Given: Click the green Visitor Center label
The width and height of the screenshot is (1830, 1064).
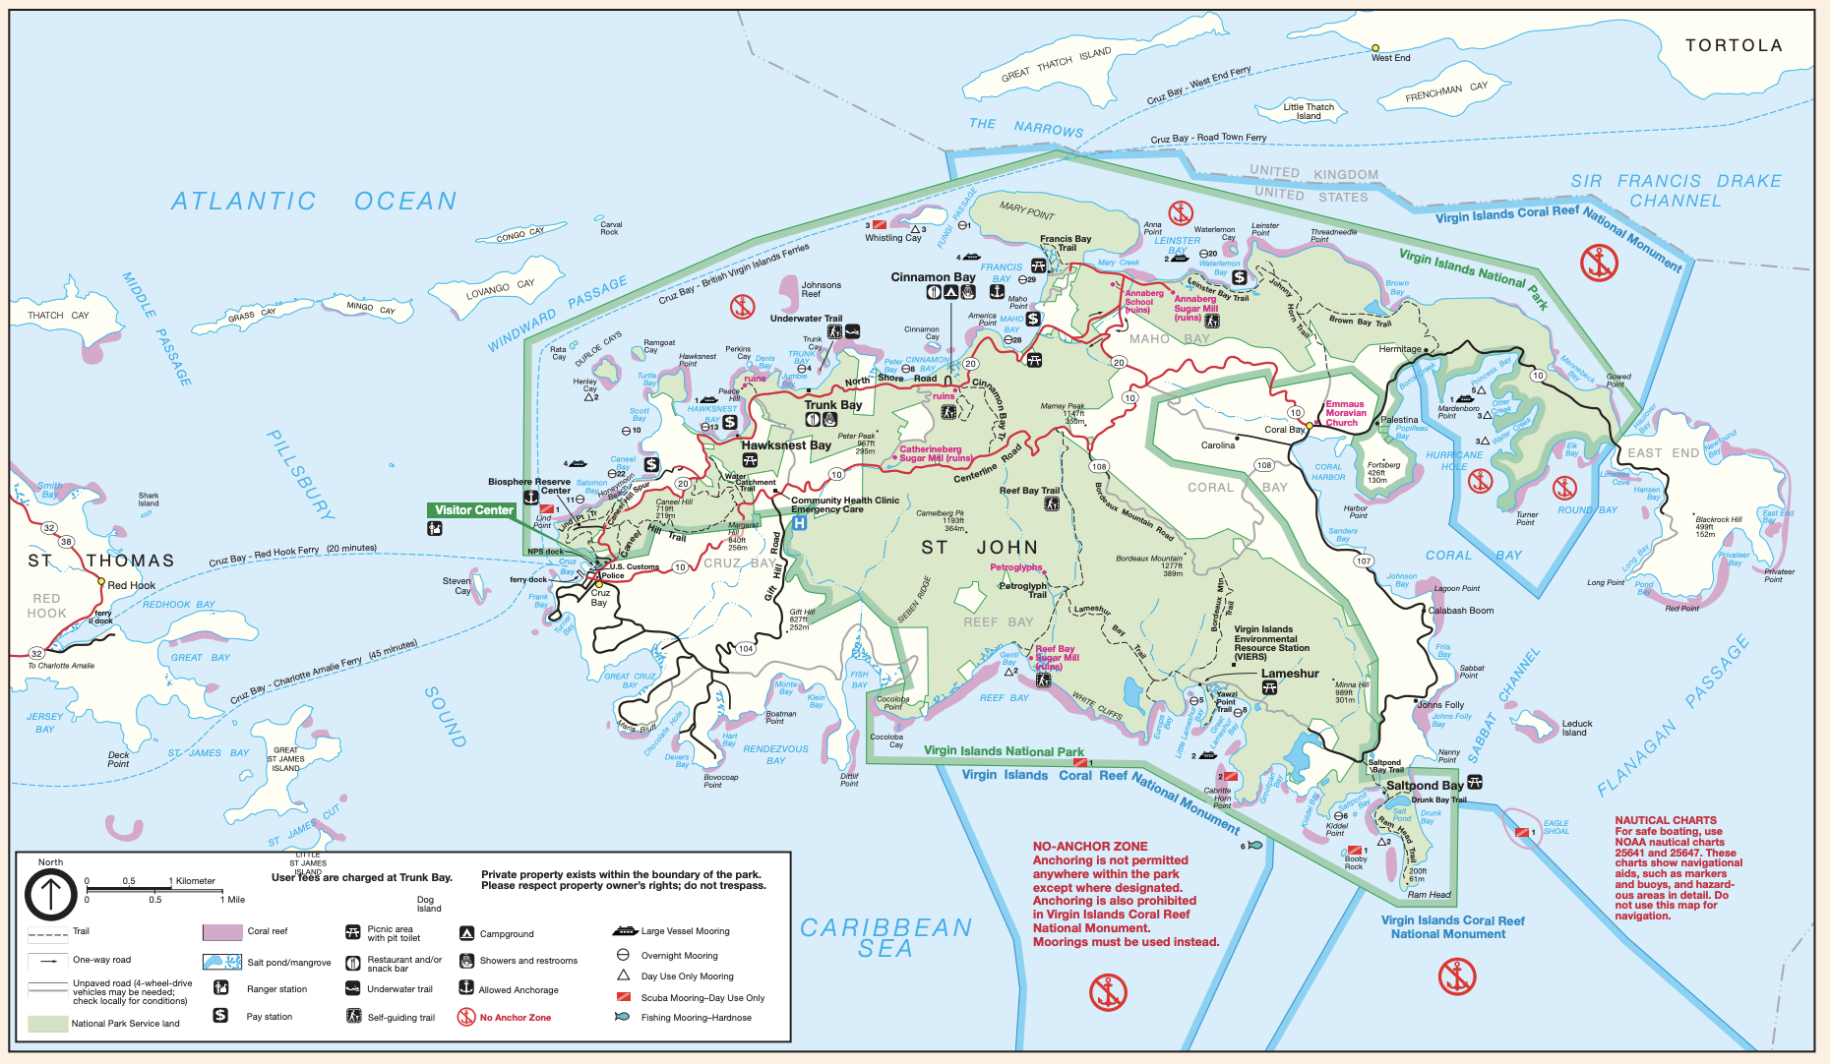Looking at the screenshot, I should [473, 510].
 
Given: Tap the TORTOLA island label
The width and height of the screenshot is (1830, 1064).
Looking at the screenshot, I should [1734, 45].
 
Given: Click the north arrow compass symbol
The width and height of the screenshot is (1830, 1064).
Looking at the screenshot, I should [50, 895].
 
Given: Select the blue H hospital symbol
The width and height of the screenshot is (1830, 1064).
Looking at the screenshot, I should [799, 523].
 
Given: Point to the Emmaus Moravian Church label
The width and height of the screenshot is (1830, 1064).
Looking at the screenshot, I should [1345, 413].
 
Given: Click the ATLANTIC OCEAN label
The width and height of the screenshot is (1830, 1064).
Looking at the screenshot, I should [314, 201].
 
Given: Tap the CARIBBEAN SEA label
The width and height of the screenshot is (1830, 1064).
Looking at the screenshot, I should [885, 938].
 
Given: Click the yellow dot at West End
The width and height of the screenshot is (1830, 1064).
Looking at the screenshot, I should [1375, 47].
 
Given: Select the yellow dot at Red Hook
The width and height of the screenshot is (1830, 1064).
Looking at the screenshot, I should [100, 581].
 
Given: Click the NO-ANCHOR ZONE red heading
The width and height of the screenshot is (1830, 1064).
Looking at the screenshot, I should [1090, 846].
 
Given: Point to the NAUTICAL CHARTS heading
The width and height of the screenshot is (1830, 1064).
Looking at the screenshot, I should [1665, 820].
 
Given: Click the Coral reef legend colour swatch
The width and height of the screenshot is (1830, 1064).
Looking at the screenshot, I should [222, 931].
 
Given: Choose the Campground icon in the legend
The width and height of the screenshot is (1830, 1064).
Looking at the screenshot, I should [466, 933].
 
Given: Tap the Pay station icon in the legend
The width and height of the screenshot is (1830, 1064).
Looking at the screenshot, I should [220, 1016].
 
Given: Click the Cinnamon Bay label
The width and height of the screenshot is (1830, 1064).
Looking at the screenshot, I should [933, 277].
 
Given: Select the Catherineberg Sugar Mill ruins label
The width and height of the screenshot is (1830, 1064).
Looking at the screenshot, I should [935, 453].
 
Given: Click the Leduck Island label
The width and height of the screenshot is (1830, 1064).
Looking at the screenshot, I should [1576, 728].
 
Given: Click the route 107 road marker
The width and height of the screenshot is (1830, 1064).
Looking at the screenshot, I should [1363, 562].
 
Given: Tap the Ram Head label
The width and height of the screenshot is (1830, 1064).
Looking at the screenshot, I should [1429, 895].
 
